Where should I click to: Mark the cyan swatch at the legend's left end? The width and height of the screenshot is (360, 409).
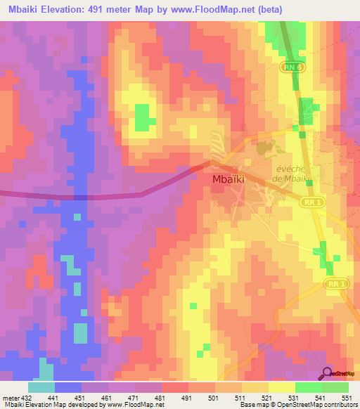(41, 387)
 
